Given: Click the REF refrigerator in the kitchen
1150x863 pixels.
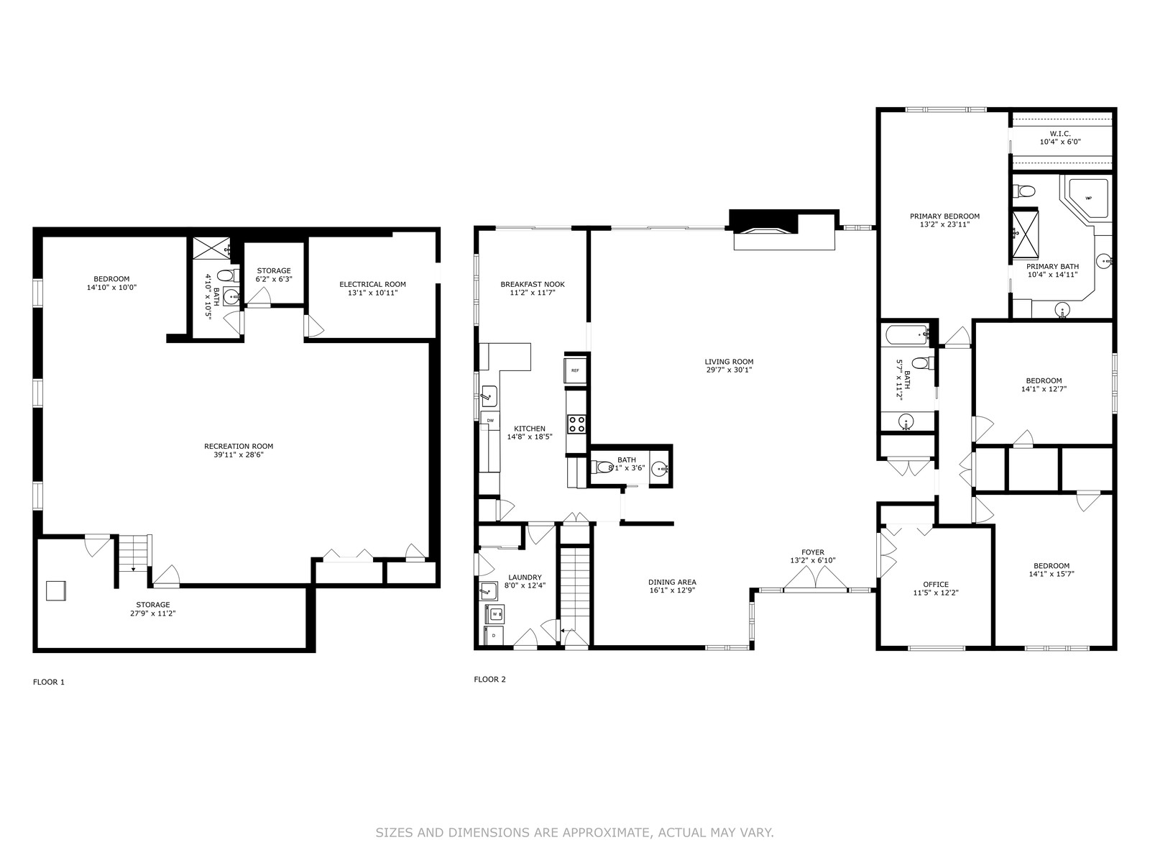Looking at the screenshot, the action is click(575, 370).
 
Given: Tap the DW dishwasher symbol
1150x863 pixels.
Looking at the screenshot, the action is click(490, 420).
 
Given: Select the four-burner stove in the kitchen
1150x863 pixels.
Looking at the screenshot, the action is click(576, 424).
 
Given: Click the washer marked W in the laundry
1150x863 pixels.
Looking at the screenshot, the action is click(494, 613).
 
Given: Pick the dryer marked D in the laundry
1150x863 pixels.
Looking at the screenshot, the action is click(494, 635).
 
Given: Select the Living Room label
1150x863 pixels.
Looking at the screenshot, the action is click(729, 362).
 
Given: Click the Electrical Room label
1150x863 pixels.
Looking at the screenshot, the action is click(372, 285).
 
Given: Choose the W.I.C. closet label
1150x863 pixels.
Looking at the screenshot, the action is click(1060, 134).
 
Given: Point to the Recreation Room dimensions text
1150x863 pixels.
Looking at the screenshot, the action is click(239, 455).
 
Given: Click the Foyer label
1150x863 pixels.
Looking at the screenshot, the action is click(813, 552).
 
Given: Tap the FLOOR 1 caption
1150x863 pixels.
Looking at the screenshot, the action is click(49, 682).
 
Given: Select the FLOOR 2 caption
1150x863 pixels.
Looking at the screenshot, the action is click(490, 680).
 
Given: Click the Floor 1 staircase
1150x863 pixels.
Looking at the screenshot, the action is click(133, 553).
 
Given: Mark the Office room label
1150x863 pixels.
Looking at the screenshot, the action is click(936, 584).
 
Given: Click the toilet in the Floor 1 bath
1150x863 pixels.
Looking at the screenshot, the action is click(228, 275).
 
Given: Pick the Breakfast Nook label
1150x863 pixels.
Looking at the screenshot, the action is click(533, 285).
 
